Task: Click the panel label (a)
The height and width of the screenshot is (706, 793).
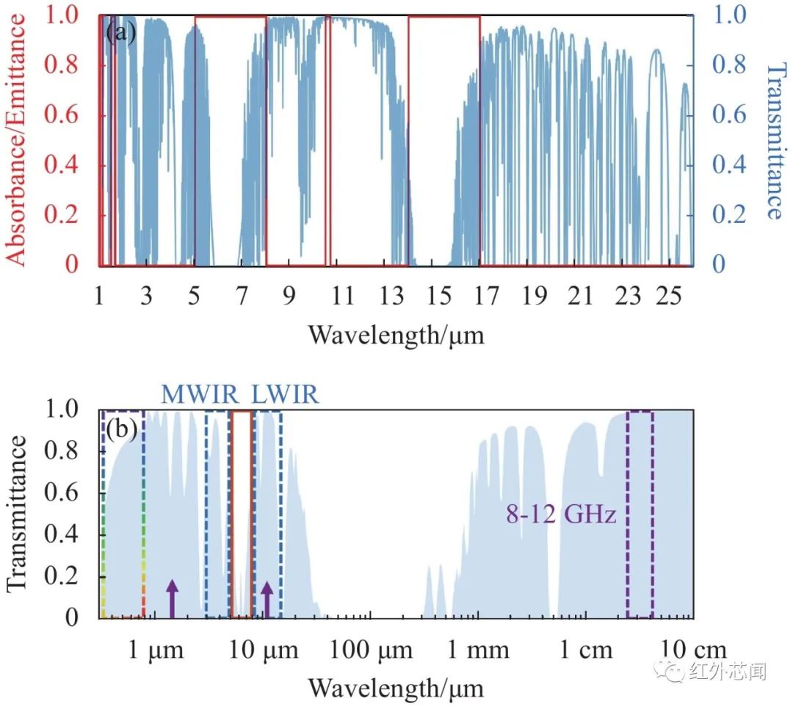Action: tap(121, 33)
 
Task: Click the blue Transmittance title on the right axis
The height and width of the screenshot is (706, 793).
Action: tap(774, 140)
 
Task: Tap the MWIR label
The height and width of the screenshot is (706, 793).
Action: tap(200, 395)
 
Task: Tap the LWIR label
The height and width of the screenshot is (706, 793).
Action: tap(286, 395)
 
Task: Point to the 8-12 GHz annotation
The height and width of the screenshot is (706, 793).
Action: tap(560, 514)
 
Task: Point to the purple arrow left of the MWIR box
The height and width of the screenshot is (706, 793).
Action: tap(172, 597)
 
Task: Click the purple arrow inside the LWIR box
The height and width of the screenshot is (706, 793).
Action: tap(267, 597)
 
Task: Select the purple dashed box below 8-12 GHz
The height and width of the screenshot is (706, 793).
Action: tap(640, 514)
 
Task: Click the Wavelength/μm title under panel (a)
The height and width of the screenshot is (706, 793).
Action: tap(396, 335)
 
